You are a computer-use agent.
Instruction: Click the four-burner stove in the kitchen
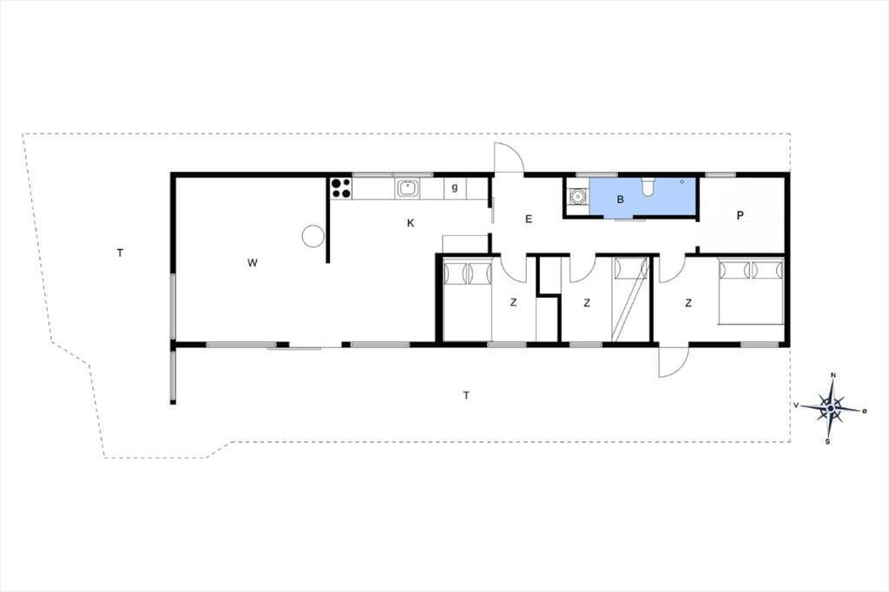click(340, 188)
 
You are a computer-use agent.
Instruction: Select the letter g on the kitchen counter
click(455, 187)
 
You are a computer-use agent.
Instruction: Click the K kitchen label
click(411, 223)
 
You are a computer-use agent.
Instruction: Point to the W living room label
click(253, 262)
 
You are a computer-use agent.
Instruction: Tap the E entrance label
click(529, 219)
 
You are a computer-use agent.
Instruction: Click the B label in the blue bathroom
click(620, 200)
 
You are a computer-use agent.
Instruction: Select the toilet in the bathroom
click(647, 186)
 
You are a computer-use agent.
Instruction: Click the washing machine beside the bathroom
click(577, 196)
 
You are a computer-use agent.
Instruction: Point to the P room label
click(740, 215)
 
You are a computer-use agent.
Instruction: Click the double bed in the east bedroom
click(751, 291)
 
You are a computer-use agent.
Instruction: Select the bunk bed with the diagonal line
click(630, 299)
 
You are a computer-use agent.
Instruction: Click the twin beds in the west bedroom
click(467, 299)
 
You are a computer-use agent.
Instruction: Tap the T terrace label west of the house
click(120, 253)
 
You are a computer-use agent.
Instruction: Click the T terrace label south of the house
click(466, 395)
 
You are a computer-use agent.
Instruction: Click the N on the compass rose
click(833, 375)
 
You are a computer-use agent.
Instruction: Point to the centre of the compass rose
click(831, 408)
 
